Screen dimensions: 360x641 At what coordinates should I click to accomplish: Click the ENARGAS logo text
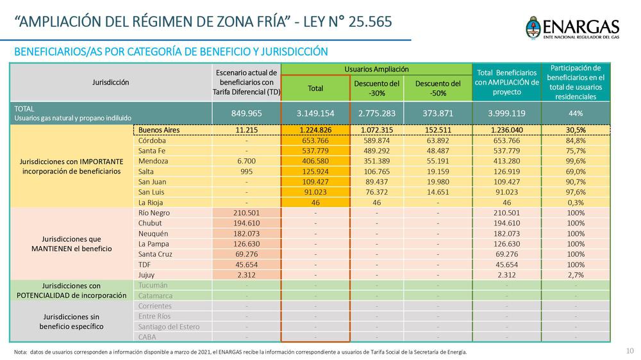[x=580, y=26]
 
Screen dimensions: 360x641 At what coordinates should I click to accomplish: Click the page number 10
[x=629, y=350]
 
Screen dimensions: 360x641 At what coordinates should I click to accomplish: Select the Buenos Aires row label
[x=158, y=130]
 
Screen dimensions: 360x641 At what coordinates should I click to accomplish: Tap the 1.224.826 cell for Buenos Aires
[x=315, y=130]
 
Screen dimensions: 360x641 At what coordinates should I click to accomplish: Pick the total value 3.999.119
[x=506, y=113]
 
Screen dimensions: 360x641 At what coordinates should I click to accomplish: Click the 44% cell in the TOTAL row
[x=575, y=113]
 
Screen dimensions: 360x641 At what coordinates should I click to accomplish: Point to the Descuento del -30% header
[x=376, y=88]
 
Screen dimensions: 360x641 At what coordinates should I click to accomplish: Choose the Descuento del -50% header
[x=438, y=88]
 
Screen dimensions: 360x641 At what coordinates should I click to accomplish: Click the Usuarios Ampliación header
[x=376, y=69]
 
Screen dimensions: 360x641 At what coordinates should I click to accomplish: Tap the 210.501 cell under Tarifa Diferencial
[x=247, y=213]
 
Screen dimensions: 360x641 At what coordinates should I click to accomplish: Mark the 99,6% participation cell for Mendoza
[x=575, y=161]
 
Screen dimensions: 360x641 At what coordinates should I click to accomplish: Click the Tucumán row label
[x=153, y=285]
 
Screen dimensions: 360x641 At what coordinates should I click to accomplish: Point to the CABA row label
[x=147, y=337]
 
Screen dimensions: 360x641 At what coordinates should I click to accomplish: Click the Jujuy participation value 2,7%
[x=575, y=275]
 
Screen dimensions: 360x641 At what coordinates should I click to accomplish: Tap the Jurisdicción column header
[x=110, y=82]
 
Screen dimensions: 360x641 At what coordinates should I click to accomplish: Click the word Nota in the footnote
[x=21, y=352]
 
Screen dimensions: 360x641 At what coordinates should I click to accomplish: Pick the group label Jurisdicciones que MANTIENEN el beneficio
[x=72, y=243]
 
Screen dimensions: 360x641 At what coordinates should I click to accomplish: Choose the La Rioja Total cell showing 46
[x=315, y=202]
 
